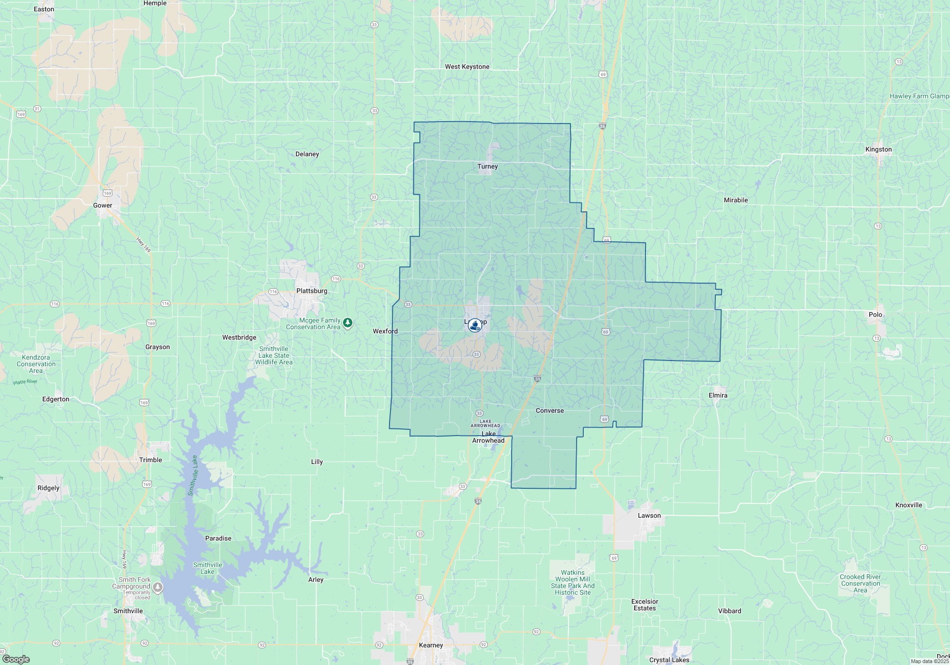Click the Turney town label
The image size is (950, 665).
487,167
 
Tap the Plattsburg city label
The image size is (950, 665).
312,291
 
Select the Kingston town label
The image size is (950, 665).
878,150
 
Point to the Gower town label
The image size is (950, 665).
103,206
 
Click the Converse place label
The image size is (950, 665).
550,411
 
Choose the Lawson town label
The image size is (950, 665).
649,516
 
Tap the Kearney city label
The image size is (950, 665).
431,646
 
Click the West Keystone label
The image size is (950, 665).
467,67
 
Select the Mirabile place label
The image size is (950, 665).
735,200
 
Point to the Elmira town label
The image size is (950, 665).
718,396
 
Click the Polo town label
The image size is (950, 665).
875,315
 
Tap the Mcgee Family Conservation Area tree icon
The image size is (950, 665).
348,323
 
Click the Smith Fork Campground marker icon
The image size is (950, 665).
158,588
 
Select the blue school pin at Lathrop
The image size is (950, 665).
475,325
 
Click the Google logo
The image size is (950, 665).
16,659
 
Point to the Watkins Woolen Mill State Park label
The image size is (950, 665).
572,583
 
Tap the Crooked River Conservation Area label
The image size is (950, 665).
860,584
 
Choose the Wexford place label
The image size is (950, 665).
385,332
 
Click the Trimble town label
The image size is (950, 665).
151,460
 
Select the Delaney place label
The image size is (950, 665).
307,154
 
